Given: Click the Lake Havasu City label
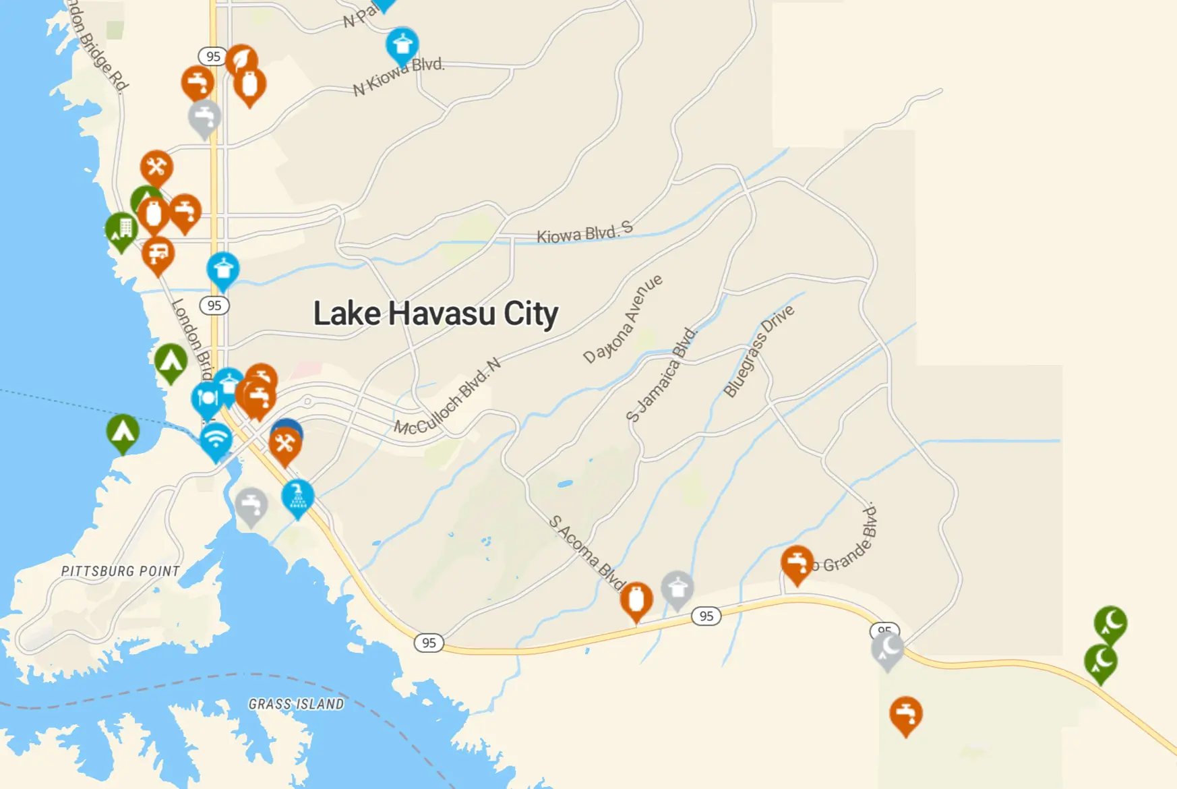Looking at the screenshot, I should click(x=435, y=314).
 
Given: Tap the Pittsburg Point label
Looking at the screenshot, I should click(x=121, y=571).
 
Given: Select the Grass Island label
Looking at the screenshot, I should click(x=296, y=704).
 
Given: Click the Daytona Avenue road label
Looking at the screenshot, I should click(x=623, y=319).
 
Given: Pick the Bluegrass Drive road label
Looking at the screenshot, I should click(x=758, y=351).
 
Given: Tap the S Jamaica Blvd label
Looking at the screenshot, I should click(x=661, y=375).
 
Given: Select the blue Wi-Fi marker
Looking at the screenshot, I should click(x=216, y=440).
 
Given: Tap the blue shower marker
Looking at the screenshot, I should click(x=297, y=497).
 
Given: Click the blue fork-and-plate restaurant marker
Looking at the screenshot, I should click(x=206, y=399).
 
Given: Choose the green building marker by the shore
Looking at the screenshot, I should click(x=121, y=229).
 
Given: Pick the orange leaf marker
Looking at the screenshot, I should click(x=241, y=61).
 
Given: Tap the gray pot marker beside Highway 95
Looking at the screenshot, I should click(x=677, y=588).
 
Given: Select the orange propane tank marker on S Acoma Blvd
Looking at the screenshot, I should click(x=636, y=600).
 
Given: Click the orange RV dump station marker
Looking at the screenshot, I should click(x=158, y=254).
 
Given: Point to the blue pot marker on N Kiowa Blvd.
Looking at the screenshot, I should click(x=402, y=45).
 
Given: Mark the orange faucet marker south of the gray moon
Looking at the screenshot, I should click(x=906, y=713).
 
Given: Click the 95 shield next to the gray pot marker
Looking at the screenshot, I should click(x=706, y=616).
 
